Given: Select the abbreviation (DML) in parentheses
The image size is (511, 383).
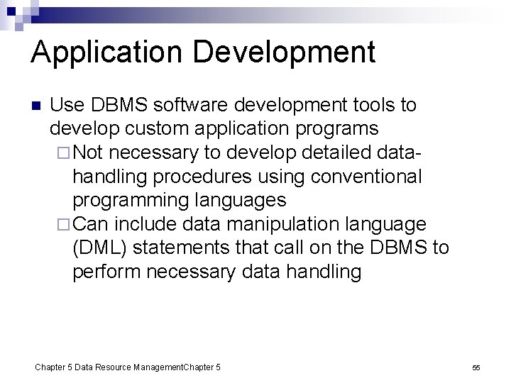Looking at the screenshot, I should coord(101,248).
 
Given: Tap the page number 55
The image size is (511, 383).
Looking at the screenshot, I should coord(476,367).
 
